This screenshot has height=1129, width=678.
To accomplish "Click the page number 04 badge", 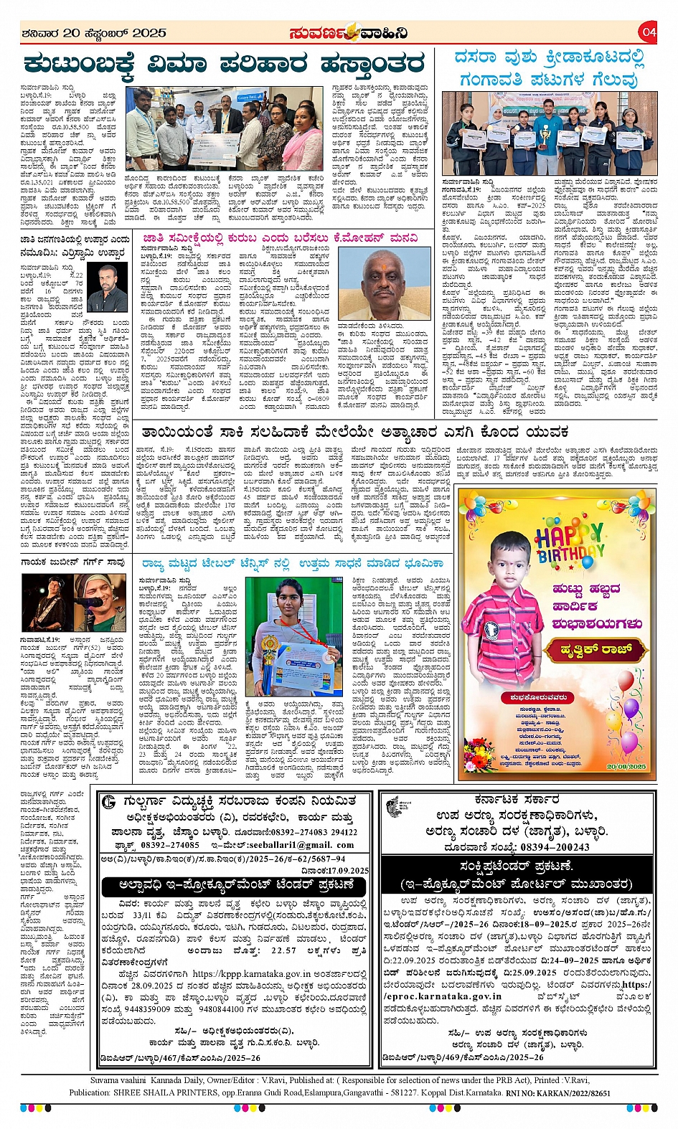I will (x=649, y=32).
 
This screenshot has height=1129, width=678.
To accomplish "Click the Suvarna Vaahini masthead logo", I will (x=349, y=33).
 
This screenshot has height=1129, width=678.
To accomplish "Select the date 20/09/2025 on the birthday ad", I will (x=626, y=767).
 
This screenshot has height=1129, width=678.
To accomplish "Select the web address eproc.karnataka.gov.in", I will (x=443, y=996).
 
